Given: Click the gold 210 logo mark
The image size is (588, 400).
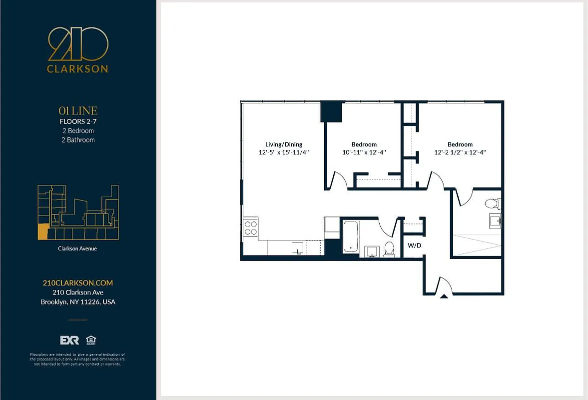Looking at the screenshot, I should pos(77,44).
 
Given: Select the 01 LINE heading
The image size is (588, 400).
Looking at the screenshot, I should pos(77,111).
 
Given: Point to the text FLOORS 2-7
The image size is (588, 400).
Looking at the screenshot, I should pos(77,121).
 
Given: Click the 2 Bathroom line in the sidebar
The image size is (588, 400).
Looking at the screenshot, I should pos(77,140).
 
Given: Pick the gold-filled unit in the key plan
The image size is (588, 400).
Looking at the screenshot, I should pos(43,233).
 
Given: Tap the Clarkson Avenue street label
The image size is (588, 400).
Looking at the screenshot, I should pos(77,248).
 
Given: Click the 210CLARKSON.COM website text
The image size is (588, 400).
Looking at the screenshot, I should pos(77,283).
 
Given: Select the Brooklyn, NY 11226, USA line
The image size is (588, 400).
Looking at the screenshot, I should pos(77,302).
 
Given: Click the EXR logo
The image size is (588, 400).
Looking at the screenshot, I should pos(69,340).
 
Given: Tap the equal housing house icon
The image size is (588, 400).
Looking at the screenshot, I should pos(90,340).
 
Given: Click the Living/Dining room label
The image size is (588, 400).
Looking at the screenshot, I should pos(283,144).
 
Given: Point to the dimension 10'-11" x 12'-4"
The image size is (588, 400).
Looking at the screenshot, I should pos(364,152).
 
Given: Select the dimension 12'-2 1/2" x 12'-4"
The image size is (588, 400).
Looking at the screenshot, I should pos(460,152).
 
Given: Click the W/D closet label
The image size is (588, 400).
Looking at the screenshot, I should pos(414,245).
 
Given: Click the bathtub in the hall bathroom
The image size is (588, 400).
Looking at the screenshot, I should pos(350,237).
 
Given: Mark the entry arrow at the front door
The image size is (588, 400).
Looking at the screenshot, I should pos(443,296).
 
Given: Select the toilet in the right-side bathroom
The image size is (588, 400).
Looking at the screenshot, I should pos(493,203).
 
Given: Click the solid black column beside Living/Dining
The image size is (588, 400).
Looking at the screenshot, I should pos(330,111).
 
